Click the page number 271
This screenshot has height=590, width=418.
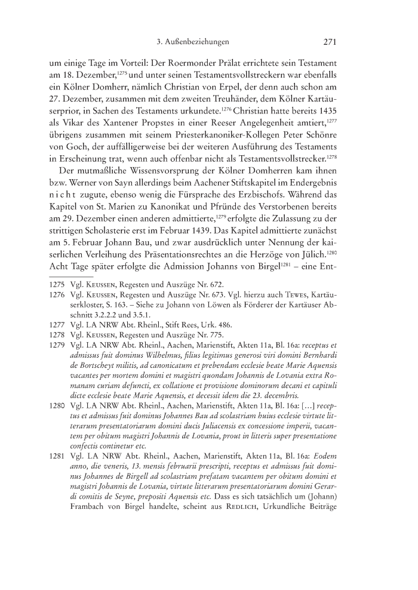[x=331, y=42]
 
